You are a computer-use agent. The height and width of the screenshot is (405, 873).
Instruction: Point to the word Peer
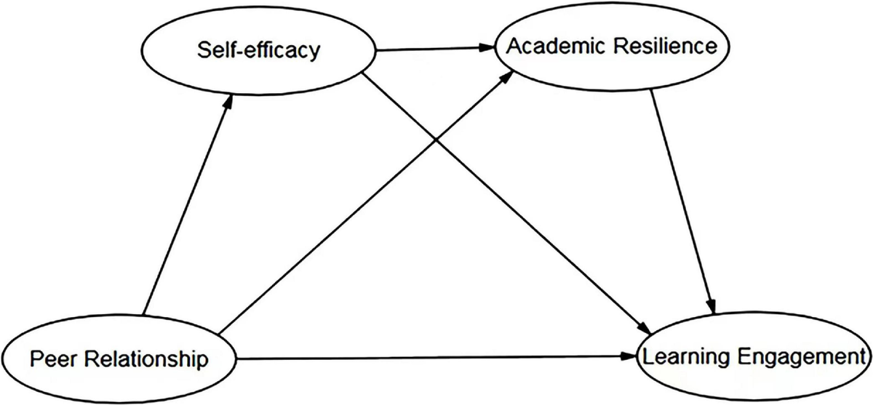(52, 358)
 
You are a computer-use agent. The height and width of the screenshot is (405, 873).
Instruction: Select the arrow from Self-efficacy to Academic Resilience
(433, 49)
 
